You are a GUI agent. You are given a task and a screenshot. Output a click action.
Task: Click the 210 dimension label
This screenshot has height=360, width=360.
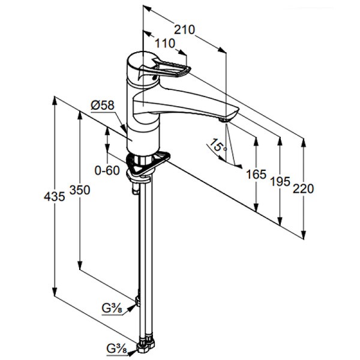[x=184, y=29]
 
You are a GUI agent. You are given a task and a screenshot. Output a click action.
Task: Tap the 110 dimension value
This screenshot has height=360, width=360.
[x=165, y=43]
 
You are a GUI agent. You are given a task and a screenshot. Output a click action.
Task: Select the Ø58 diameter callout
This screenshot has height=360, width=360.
[x=103, y=106]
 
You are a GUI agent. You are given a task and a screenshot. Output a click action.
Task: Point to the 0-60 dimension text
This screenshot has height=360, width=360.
[x=107, y=170]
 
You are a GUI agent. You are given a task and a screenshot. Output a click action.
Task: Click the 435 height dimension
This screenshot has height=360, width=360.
[x=55, y=197]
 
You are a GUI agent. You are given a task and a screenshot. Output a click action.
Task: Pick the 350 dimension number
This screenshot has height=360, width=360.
[x=80, y=190]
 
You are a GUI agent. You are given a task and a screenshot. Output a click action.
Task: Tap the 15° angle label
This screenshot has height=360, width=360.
[x=218, y=145]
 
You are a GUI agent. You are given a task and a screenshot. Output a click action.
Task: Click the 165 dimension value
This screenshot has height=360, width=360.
[x=256, y=174]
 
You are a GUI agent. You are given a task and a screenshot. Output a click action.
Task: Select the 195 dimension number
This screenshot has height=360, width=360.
[x=280, y=181]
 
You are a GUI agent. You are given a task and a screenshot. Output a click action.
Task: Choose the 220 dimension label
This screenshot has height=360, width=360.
[x=303, y=189]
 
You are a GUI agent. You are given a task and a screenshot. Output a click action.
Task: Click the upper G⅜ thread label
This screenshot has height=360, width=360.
[x=112, y=309]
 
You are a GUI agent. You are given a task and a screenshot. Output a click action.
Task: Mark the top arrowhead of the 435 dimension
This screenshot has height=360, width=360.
[x=55, y=101]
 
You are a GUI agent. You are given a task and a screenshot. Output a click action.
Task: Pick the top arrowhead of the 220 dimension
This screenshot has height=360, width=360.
[x=304, y=143]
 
